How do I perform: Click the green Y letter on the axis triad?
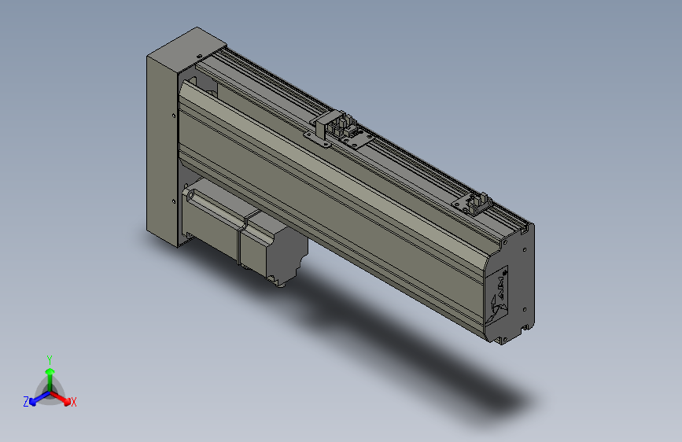pyautogui.click(x=49, y=359)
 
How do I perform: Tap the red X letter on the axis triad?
pyautogui.click(x=74, y=403)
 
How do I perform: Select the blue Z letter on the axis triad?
pyautogui.click(x=25, y=402)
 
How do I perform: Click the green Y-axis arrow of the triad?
pyautogui.click(x=49, y=374)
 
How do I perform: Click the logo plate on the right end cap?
pyautogui.click(x=500, y=295)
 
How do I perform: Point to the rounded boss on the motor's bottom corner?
pyautogui.click(x=275, y=279)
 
